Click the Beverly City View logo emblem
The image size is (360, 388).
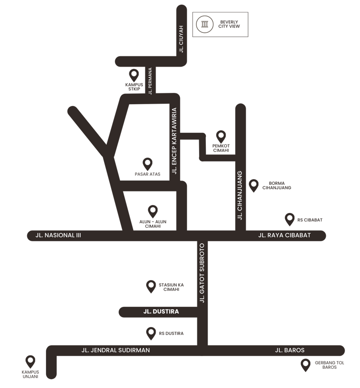[x=204, y=24]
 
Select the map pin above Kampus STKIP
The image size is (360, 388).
[x=134, y=75]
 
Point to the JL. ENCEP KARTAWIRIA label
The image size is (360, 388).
[x=174, y=141]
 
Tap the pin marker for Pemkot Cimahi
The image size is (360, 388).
[x=221, y=137]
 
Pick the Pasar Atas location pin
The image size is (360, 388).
[x=148, y=164]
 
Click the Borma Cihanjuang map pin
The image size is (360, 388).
[x=254, y=185]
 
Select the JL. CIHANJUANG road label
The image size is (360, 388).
[x=240, y=196]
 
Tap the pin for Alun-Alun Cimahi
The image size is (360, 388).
[x=153, y=211]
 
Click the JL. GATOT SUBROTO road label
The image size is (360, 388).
[x=202, y=273]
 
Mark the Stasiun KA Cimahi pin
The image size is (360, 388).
[x=151, y=286]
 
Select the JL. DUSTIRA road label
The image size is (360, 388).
[x=161, y=312]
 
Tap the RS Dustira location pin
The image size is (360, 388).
[x=151, y=333]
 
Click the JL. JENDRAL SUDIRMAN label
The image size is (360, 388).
[x=115, y=350]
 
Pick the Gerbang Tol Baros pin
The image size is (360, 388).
[x=306, y=365]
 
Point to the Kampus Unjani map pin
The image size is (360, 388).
[x=30, y=362]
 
